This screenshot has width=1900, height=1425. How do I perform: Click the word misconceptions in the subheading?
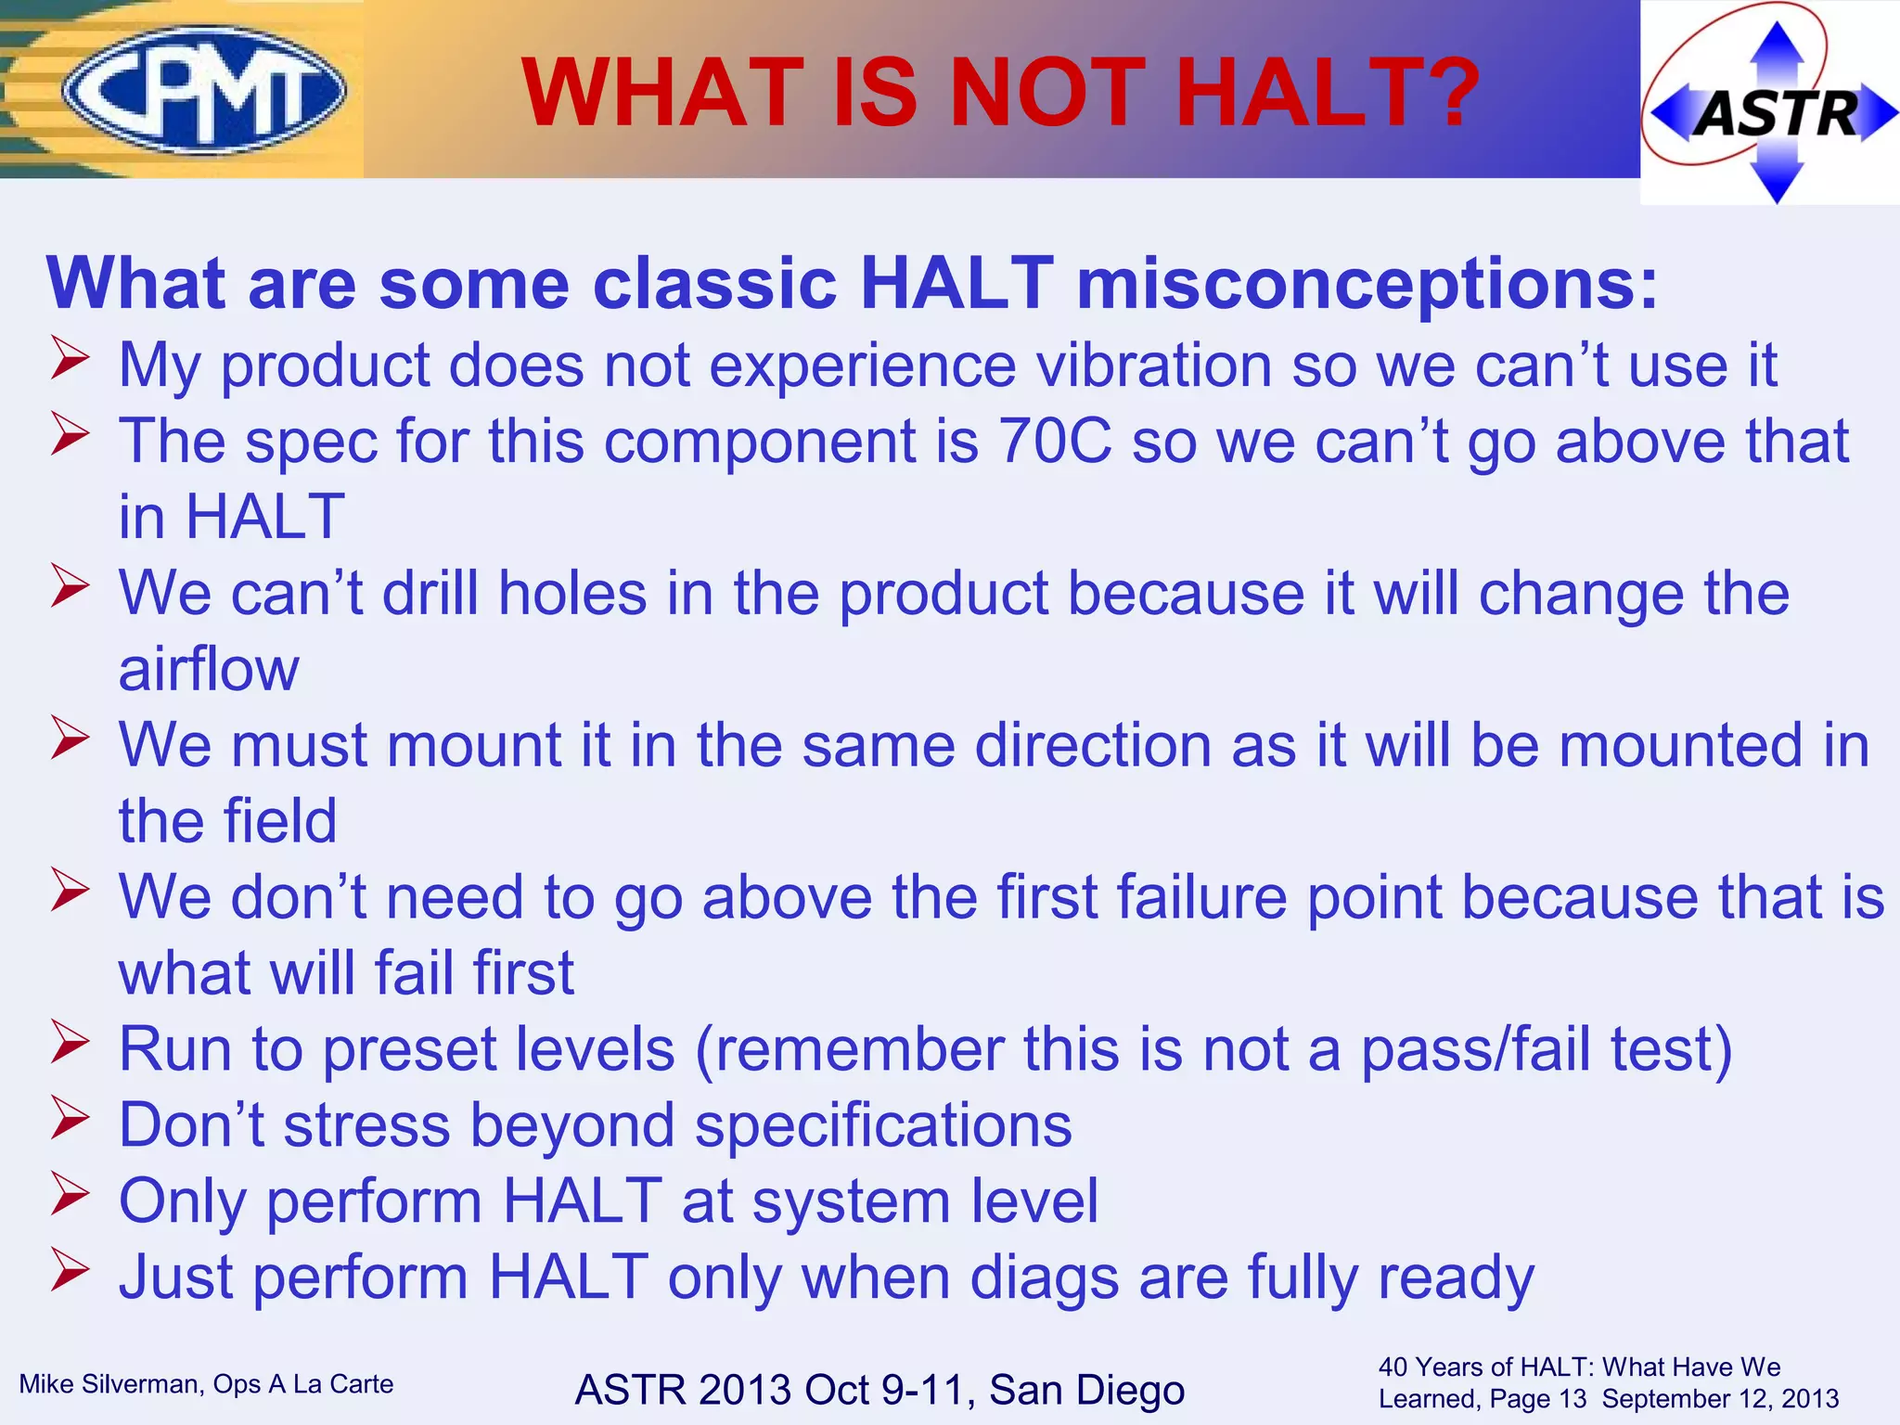(1366, 284)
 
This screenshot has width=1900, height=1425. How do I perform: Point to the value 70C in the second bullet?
(1054, 441)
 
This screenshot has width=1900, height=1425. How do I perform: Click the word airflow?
(209, 669)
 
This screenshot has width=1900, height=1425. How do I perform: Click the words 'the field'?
(227, 821)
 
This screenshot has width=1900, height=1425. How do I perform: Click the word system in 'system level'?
(852, 1201)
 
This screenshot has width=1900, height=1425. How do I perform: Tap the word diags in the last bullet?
(1045, 1277)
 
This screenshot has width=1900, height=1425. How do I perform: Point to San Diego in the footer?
(1086, 1390)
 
